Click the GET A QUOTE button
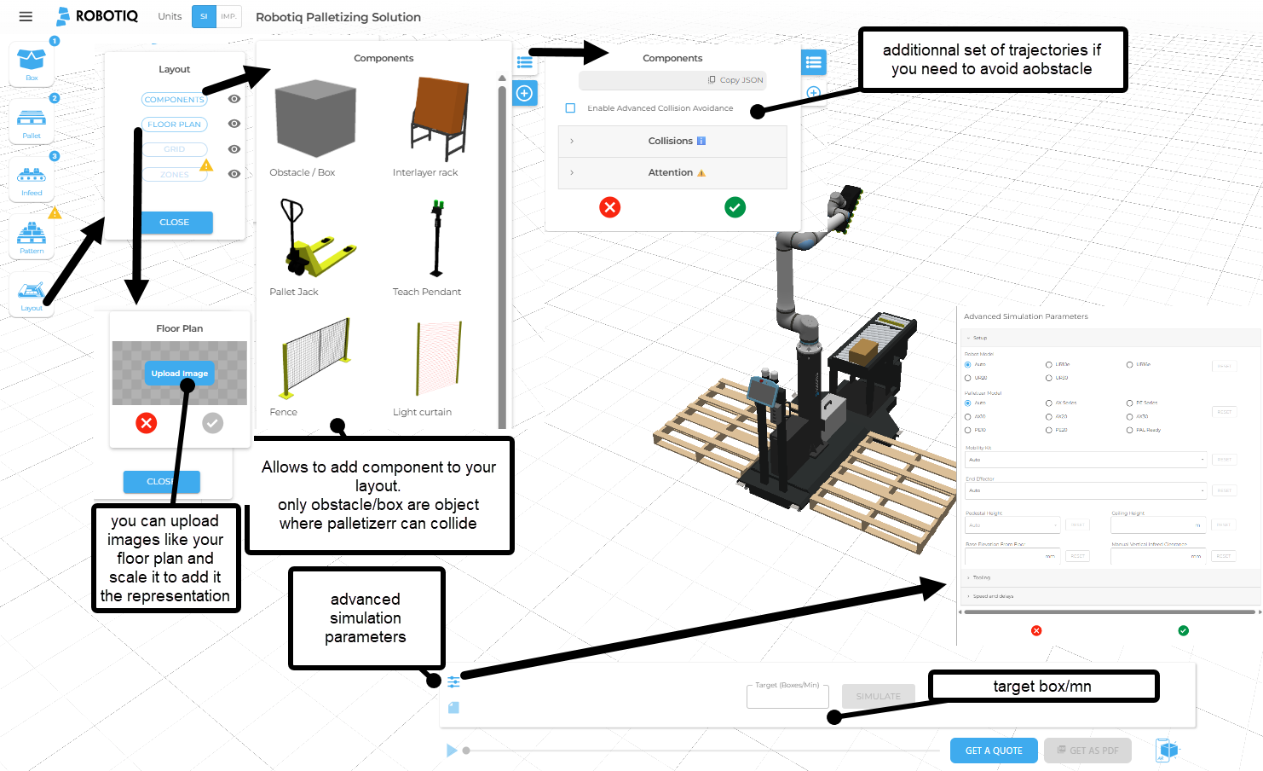[x=993, y=751]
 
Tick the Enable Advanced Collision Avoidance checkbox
[x=570, y=108]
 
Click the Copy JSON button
[x=735, y=80]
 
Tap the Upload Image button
[x=179, y=374]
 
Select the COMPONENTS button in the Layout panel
[x=174, y=100]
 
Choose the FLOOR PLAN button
[x=174, y=125]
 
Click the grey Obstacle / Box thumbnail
[x=314, y=119]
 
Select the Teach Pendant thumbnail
[x=437, y=240]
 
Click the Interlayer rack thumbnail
[x=440, y=119]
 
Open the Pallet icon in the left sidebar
[x=32, y=119]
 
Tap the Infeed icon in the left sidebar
[x=32, y=177]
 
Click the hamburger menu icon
[x=26, y=16]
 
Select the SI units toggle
[x=204, y=16]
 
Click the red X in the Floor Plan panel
[x=147, y=423]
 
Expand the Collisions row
[x=672, y=141]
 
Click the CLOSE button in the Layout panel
[x=174, y=222]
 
